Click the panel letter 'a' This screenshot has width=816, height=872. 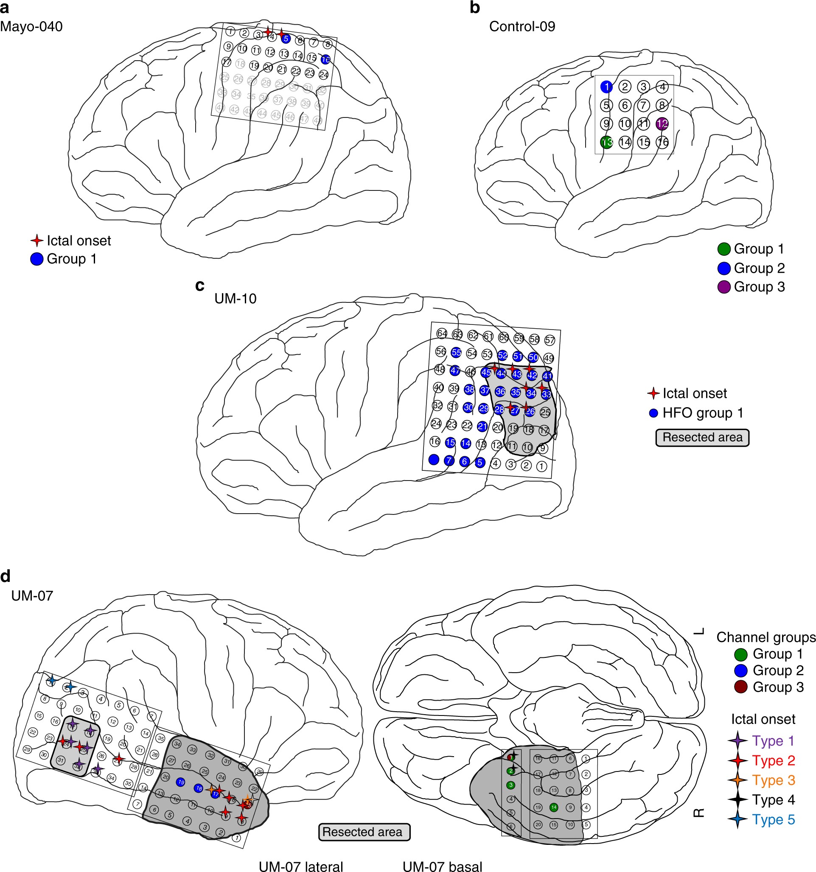coord(5,8)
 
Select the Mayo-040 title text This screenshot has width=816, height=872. coord(31,27)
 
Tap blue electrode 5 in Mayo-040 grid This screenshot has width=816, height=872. coord(286,39)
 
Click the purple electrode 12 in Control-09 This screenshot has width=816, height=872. coord(662,124)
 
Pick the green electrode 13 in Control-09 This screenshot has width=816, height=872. coord(606,143)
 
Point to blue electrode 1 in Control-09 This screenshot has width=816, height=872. coord(606,87)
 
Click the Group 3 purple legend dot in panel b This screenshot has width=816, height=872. coord(724,287)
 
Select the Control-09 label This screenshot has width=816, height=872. coord(522,27)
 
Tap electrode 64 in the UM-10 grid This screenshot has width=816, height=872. coord(442,333)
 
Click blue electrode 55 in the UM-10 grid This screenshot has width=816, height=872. coord(456,352)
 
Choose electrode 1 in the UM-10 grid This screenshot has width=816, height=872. coord(541,466)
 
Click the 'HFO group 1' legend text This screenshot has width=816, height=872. coord(703,413)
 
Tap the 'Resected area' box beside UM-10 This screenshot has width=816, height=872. coord(702,437)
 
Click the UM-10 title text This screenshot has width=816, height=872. coord(235,299)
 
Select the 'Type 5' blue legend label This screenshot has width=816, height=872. coord(774,819)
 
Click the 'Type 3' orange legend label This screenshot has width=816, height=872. coord(774,780)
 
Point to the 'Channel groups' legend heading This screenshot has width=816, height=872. coord(766,637)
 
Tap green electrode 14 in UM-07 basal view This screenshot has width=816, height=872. coord(553,807)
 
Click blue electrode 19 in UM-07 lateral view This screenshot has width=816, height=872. coord(180,782)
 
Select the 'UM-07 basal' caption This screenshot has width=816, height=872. coord(442,866)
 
